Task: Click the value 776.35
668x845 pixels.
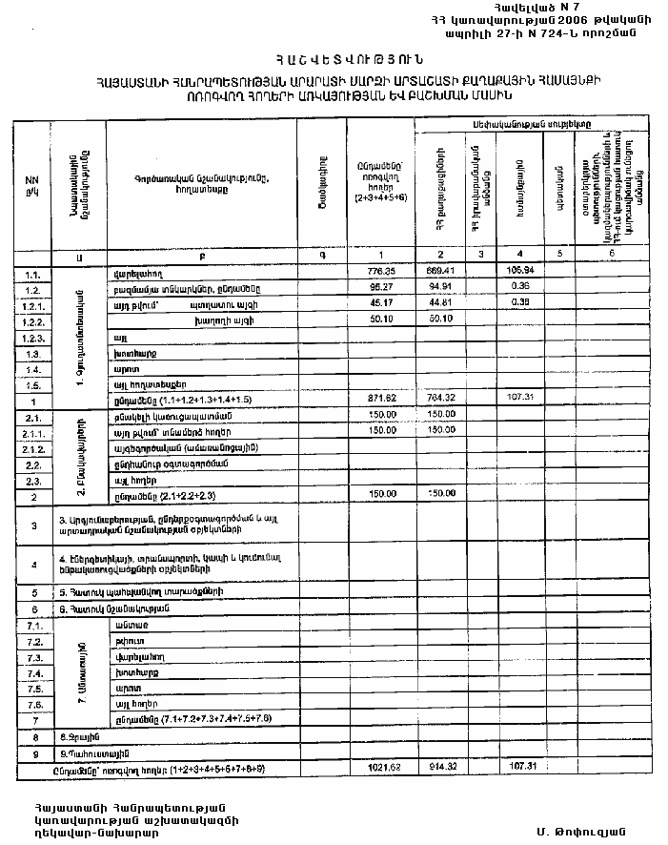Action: click(381, 272)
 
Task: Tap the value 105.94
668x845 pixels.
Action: click(519, 272)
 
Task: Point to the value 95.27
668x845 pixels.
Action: click(381, 287)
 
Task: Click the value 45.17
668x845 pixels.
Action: click(381, 304)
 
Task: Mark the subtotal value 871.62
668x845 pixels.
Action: click(381, 401)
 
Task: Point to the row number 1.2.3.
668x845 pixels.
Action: click(32, 337)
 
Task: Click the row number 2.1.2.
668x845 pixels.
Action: click(32, 448)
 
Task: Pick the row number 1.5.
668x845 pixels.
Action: click(32, 384)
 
